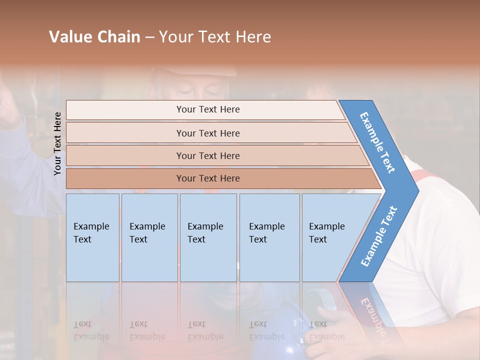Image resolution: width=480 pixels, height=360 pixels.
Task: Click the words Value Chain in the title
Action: (94, 37)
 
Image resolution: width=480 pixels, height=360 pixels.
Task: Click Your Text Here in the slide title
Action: (215, 37)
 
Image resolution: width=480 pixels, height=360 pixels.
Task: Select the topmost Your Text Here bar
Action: (208, 109)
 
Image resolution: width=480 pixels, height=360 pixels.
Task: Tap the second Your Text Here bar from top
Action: (208, 133)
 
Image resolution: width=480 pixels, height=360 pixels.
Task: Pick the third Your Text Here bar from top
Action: (208, 155)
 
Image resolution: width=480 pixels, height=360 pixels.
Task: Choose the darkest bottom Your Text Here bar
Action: (208, 178)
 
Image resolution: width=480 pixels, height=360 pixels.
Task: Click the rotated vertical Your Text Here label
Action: (57, 143)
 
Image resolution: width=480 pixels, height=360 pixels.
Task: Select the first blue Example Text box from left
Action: (92, 237)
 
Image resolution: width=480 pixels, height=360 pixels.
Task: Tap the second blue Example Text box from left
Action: (149, 237)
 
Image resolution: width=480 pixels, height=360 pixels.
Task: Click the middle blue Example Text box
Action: (208, 237)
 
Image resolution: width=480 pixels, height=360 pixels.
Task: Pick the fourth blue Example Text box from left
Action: (269, 237)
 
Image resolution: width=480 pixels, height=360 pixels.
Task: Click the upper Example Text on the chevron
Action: (377, 142)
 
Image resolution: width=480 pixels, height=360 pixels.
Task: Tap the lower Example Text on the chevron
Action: (379, 236)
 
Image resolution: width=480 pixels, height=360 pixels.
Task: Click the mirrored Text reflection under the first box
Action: (91, 330)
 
